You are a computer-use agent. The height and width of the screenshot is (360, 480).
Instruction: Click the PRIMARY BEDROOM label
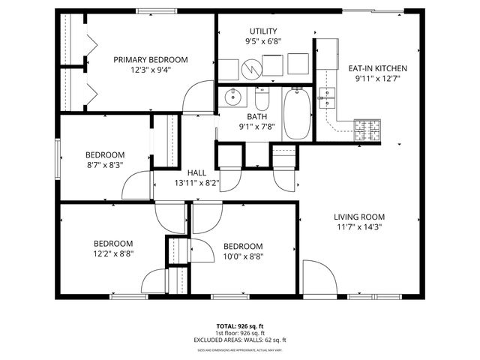(151, 60)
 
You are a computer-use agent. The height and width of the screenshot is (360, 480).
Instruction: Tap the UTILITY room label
(265, 31)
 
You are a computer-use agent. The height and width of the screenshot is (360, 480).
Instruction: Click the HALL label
(196, 172)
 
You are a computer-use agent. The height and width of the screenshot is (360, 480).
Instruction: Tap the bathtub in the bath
(296, 114)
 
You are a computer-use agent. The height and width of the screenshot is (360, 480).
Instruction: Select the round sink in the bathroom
(233, 97)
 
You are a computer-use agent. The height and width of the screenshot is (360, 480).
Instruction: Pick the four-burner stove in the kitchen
(368, 129)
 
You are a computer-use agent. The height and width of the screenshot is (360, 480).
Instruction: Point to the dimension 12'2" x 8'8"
(113, 255)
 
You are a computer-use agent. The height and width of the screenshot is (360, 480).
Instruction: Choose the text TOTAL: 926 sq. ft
(240, 325)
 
